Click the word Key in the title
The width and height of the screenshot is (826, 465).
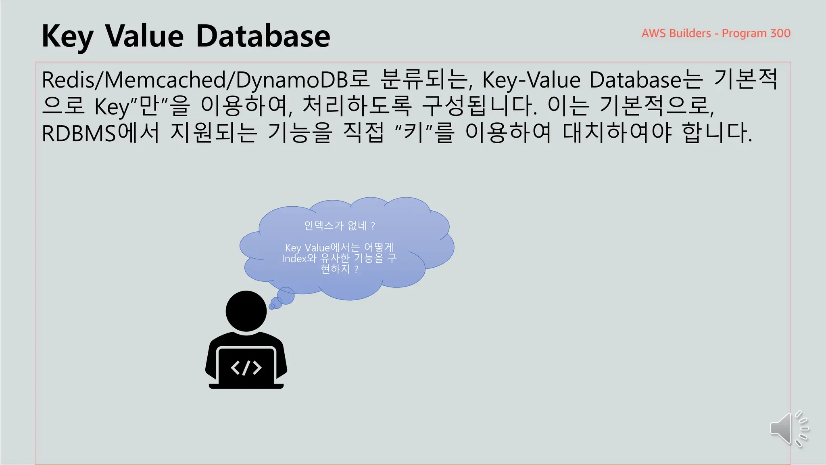(67, 36)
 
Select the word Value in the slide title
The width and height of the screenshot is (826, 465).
(144, 36)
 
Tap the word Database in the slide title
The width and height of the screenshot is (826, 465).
(263, 36)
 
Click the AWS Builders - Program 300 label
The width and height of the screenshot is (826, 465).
(715, 33)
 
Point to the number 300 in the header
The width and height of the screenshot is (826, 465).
(780, 33)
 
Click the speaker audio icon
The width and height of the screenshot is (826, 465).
(788, 429)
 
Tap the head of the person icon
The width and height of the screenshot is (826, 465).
(246, 311)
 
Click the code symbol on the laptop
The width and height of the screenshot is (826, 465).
(246, 368)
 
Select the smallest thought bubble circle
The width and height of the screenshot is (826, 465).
(272, 307)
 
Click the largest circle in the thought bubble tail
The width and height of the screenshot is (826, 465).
(286, 295)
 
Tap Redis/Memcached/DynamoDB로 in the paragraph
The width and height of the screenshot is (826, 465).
(205, 80)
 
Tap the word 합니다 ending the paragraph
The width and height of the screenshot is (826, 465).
(717, 133)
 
